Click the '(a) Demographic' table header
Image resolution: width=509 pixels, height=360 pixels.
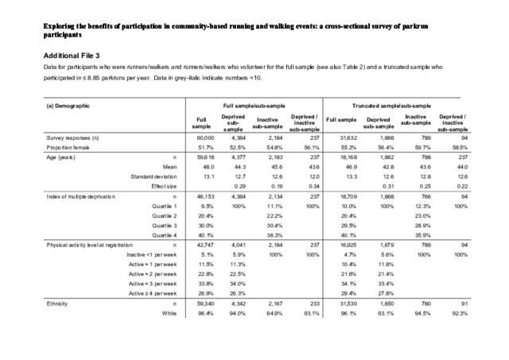[x=71, y=105]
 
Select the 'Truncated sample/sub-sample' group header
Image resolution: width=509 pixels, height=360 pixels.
[x=399, y=105]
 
